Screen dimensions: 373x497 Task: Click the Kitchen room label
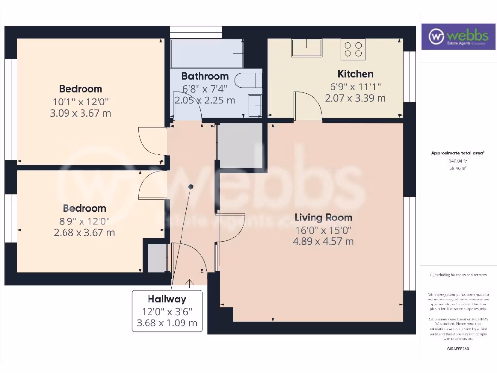coord(355,74)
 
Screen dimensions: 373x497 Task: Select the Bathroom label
coord(205,76)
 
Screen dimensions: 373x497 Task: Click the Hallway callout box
coord(166,311)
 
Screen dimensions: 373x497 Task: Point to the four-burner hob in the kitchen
coord(353,49)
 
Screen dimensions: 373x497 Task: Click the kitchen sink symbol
coord(307,48)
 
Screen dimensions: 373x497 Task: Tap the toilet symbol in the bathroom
coord(247,81)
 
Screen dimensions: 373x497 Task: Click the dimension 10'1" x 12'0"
coord(81,102)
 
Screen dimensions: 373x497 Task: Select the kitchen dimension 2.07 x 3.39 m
coord(355,98)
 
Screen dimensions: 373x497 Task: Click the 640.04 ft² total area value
coord(458,161)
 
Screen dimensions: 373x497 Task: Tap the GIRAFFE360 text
coord(458,349)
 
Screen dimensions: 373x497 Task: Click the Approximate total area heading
coord(458,153)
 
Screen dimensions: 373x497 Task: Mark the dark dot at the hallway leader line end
coord(191,186)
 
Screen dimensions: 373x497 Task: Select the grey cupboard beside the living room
coord(239,145)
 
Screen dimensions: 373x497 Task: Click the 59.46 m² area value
coord(458,168)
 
